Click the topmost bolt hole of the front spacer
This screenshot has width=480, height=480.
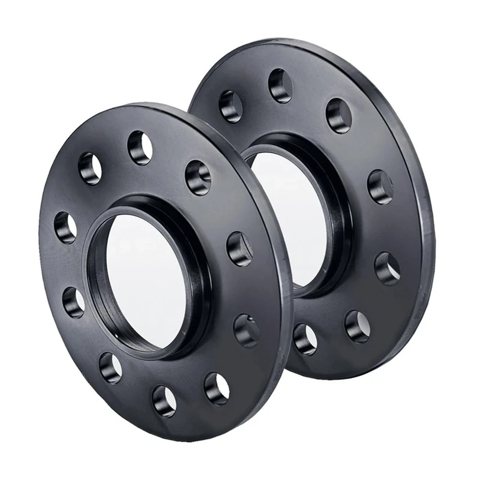(x=140, y=148)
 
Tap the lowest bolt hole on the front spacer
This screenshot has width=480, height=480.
(x=164, y=400)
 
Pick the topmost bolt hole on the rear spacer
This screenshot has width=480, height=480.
(x=280, y=85)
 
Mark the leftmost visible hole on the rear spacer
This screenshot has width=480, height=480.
(x=230, y=106)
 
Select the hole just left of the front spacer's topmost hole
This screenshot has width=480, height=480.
(x=90, y=168)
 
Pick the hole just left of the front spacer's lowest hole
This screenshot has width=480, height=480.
(x=110, y=367)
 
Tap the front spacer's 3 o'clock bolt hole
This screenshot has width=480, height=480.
(x=239, y=248)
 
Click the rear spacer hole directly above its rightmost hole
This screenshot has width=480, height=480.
(x=380, y=187)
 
